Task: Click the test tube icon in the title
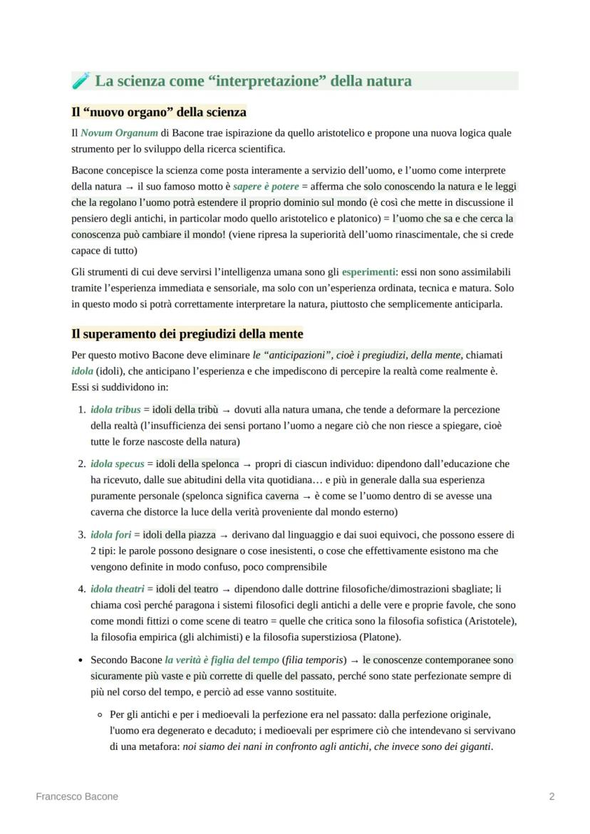81,81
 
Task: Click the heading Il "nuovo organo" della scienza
159,113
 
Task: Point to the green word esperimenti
368,272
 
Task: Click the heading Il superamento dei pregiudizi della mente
187,334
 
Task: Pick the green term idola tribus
115,410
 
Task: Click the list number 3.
81,534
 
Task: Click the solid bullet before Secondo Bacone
81,660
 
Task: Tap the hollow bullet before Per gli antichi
100,714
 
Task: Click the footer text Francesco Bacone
77,797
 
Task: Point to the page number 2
552,797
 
